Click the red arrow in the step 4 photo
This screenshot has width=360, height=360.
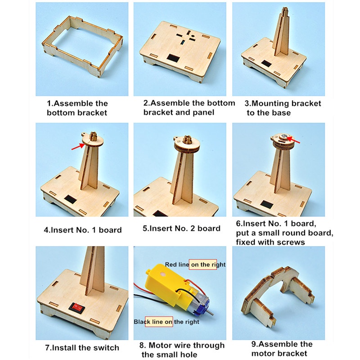coord(78,147)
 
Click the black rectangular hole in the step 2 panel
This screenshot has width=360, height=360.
coord(173,58)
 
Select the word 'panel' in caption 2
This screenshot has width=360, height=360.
coord(203,112)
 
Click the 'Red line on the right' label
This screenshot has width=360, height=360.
coord(195,265)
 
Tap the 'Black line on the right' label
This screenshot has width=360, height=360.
coord(166,322)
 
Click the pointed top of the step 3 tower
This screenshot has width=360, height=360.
coord(285,9)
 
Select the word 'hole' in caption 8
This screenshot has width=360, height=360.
coord(188,355)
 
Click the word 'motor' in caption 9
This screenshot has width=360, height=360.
coord(263,353)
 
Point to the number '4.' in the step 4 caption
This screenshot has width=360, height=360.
coord(47,230)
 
